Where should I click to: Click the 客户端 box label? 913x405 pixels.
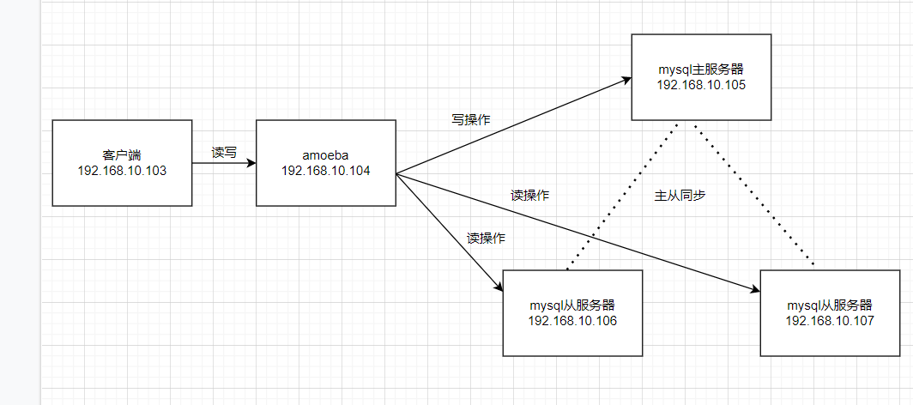pos(121,155)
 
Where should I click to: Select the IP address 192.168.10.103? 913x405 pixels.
pos(121,170)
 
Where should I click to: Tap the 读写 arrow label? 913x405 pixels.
pos(224,153)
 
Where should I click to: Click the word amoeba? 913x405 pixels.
pos(325,155)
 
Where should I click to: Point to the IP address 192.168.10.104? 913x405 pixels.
pos(325,170)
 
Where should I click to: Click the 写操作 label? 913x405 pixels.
pos(471,119)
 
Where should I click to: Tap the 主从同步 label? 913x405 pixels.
pos(680,195)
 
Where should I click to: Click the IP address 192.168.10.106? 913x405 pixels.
pos(572,320)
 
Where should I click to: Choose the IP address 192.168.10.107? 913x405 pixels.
pos(829,320)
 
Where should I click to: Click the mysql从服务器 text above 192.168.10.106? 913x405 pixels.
pos(572,305)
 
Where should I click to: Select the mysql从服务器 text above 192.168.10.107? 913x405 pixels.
pos(829,305)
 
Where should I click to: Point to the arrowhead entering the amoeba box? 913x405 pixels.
pos(251,162)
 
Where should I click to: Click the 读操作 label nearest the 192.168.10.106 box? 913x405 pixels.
pos(486,238)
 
